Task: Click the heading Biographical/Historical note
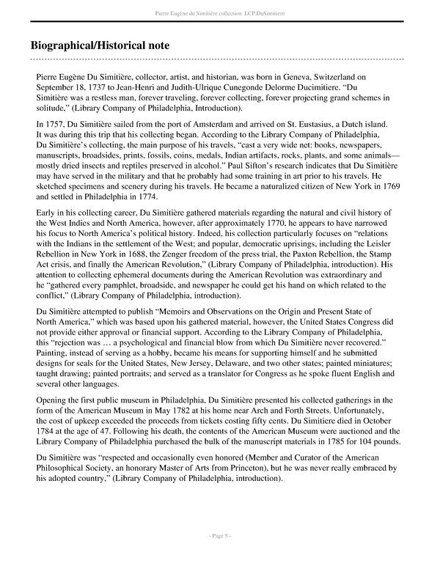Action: pyautogui.click(x=114, y=44)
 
